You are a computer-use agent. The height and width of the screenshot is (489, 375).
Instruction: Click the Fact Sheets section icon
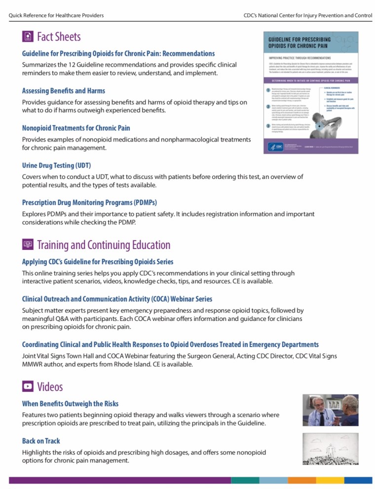pyautogui.click(x=28, y=36)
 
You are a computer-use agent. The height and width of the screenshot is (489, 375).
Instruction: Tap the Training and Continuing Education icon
pyautogui.click(x=28, y=244)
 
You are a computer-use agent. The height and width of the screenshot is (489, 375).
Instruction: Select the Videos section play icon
pyautogui.click(x=28, y=386)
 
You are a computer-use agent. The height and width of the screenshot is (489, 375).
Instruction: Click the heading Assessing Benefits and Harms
pyautogui.click(x=63, y=91)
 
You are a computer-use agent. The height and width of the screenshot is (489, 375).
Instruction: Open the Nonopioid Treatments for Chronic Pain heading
pyautogui.click(x=76, y=128)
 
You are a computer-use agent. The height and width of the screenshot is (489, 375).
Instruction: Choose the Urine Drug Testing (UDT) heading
pyautogui.click(x=56, y=165)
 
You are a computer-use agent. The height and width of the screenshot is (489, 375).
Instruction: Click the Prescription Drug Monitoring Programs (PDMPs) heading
pyautogui.click(x=89, y=202)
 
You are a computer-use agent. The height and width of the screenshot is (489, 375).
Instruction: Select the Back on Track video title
pyautogui.click(x=41, y=441)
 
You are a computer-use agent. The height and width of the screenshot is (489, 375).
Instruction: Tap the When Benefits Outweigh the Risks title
pyautogui.click(x=70, y=404)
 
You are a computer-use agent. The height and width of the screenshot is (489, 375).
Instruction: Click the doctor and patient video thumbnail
pyautogui.click(x=330, y=410)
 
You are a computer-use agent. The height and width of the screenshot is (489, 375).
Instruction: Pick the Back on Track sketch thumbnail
pyautogui.click(x=330, y=449)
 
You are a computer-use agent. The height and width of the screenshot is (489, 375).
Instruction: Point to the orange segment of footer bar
pyautogui.click(x=301, y=480)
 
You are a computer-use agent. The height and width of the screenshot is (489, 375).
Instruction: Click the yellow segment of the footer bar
pyautogui.click(x=330, y=480)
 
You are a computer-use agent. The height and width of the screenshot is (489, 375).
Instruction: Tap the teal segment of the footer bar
pyautogui.click(x=245, y=480)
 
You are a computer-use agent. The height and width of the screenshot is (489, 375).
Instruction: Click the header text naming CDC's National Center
pyautogui.click(x=308, y=15)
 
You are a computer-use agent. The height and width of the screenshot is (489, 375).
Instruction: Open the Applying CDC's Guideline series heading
pyautogui.click(x=98, y=262)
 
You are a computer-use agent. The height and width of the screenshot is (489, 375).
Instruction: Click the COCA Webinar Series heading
pyautogui.click(x=117, y=299)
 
